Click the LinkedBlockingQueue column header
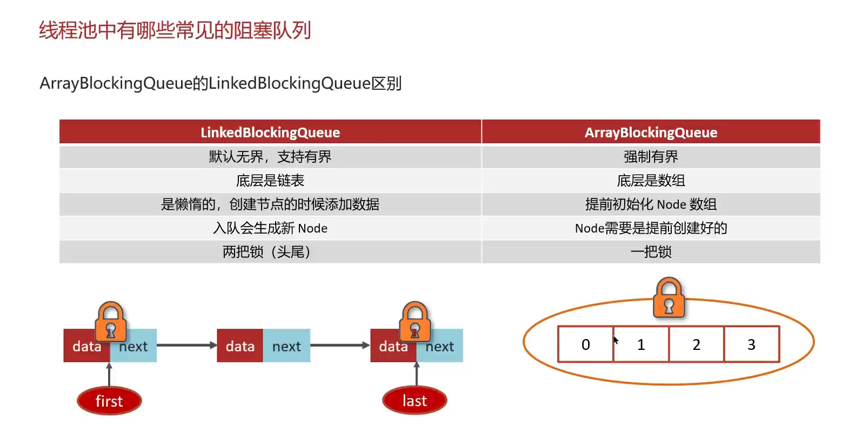pyautogui.click(x=270, y=132)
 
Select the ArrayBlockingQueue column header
pyautogui.click(x=651, y=132)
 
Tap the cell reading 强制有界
pyautogui.click(x=651, y=157)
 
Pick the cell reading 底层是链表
pyautogui.click(x=270, y=181)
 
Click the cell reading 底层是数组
pyautogui.click(x=651, y=181)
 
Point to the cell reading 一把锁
pyautogui.click(x=651, y=252)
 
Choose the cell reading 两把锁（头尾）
pyautogui.click(x=270, y=252)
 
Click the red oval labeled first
pyautogui.click(x=109, y=401)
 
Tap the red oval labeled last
pyautogui.click(x=415, y=401)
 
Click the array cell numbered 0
pyautogui.click(x=586, y=345)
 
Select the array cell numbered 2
pyautogui.click(x=696, y=345)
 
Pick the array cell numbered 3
pyautogui.click(x=751, y=345)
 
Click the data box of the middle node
pyautogui.click(x=240, y=346)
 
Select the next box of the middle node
pyautogui.click(x=286, y=346)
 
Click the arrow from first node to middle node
pyautogui.click(x=186, y=345)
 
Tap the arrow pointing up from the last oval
pyautogui.click(x=416, y=374)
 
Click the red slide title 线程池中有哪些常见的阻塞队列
pyautogui.click(x=175, y=30)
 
